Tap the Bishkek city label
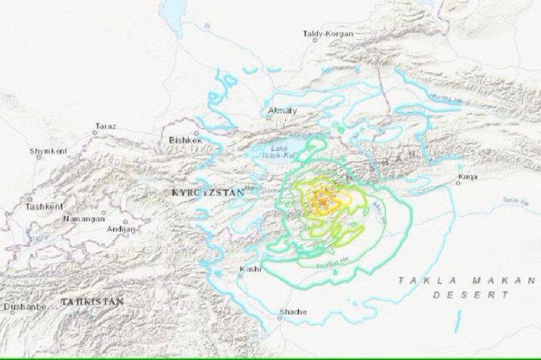point(186,139)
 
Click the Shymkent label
point(48,151)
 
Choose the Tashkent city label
point(40,205)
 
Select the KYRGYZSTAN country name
point(209,193)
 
